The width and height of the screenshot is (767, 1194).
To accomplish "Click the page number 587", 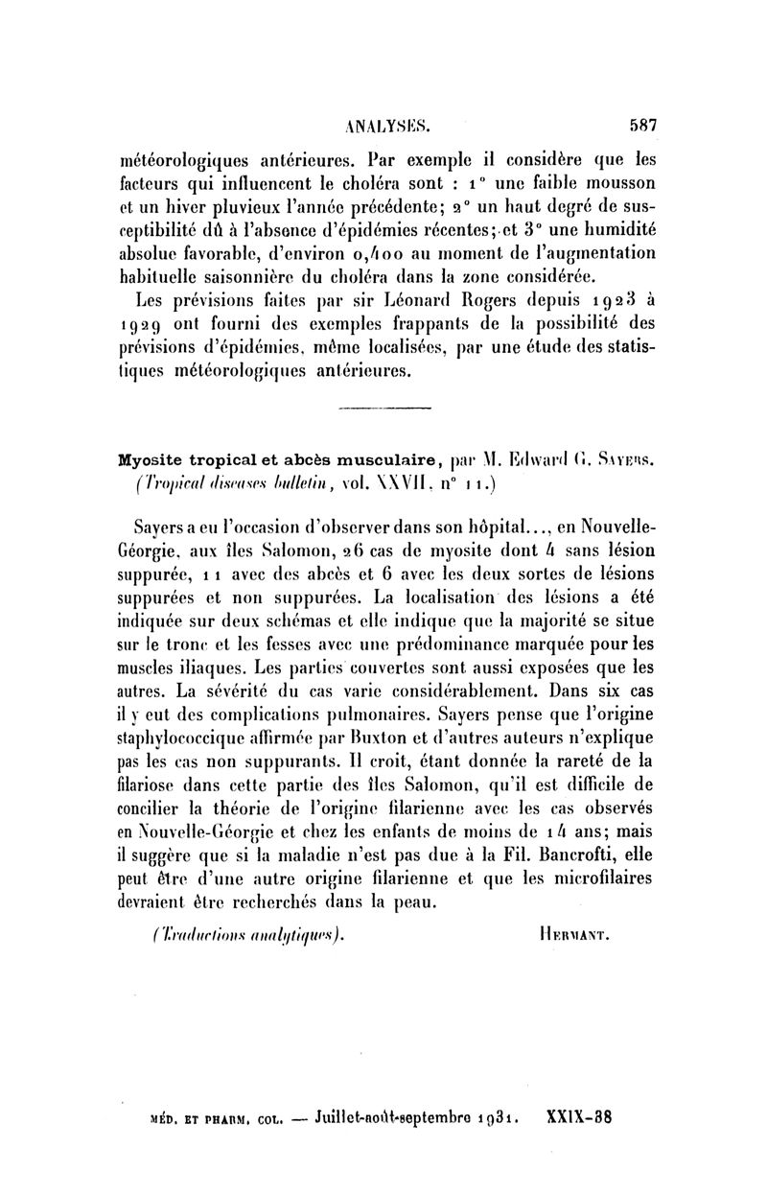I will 636,124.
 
